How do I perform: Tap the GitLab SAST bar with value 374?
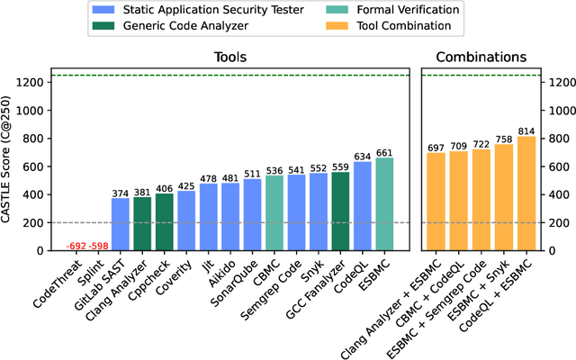pos(121,224)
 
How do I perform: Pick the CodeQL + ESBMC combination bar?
pos(526,193)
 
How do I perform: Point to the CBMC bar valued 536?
pos(274,212)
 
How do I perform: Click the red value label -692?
pos(77,246)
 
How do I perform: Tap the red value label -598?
pos(98,246)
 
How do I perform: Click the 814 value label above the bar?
pos(526,130)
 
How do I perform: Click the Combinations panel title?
pos(481,57)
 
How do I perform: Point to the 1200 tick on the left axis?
pos(32,83)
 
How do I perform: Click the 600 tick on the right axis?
pos(554,166)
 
